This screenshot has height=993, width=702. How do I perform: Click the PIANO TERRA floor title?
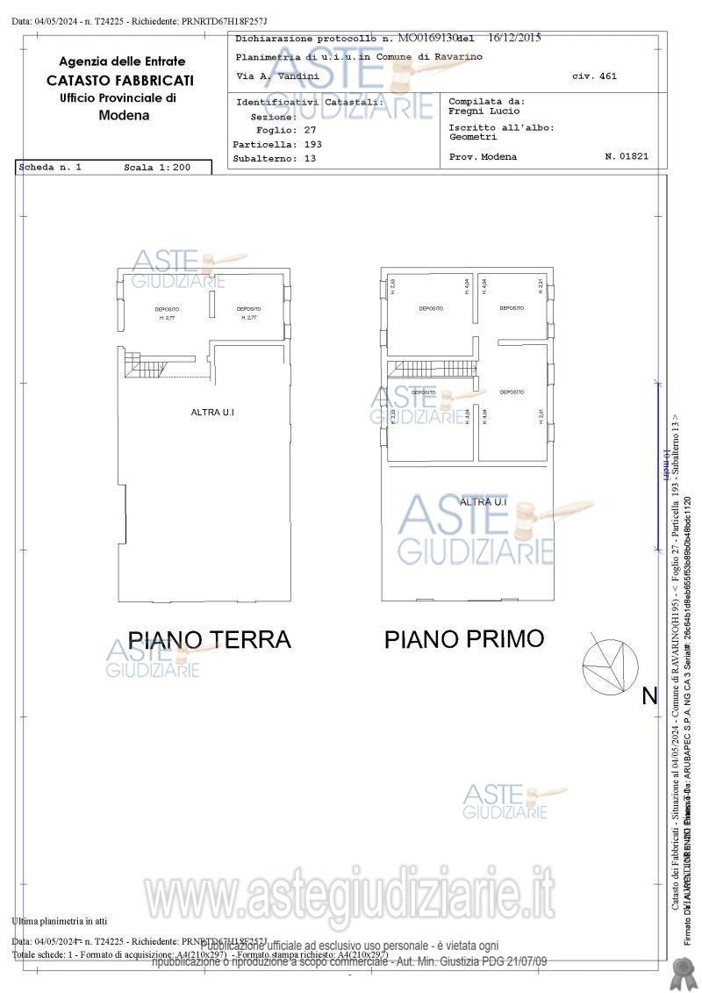coord(209,639)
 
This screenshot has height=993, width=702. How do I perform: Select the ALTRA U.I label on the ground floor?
coord(212,412)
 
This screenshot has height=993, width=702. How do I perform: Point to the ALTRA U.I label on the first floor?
coord(484,501)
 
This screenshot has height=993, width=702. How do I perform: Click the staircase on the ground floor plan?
coord(146,364)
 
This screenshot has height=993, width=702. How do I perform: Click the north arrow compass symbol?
coord(611,665)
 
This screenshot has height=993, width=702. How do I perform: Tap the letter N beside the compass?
coord(649,696)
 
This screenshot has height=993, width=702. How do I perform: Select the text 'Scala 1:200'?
coord(157,167)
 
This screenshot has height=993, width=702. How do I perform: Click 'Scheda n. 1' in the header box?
coord(52,167)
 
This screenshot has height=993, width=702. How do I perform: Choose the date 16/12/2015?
coord(514,39)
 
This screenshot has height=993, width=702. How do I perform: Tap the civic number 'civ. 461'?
coord(594,76)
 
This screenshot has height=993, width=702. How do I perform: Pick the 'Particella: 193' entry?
coord(277,143)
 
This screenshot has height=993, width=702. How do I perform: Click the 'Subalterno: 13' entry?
coord(275,158)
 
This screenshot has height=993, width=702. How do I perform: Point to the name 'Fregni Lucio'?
coord(484,112)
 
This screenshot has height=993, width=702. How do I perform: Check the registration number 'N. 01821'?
coord(627,156)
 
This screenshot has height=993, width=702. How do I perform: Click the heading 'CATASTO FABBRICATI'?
coord(121,80)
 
